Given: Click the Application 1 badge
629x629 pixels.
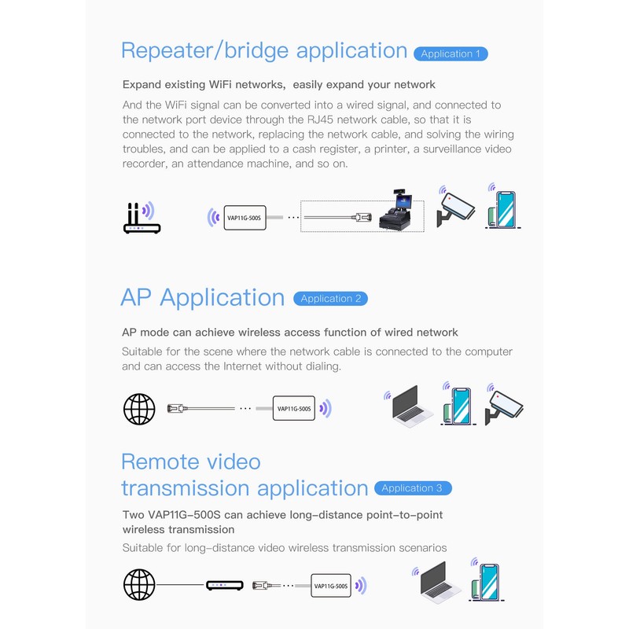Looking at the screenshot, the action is pyautogui.click(x=451, y=54).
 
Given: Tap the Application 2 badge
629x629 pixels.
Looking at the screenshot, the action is pyautogui.click(x=330, y=299).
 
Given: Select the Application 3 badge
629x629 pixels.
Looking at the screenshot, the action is pyautogui.click(x=412, y=488).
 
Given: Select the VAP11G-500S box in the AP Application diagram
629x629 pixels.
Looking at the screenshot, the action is pyautogui.click(x=295, y=408).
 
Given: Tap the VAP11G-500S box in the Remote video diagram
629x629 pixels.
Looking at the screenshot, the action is pyautogui.click(x=331, y=585).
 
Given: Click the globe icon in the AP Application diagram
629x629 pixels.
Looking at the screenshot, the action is pyautogui.click(x=139, y=409).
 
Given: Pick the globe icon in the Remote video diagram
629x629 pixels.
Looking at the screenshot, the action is pyautogui.click(x=139, y=585).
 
